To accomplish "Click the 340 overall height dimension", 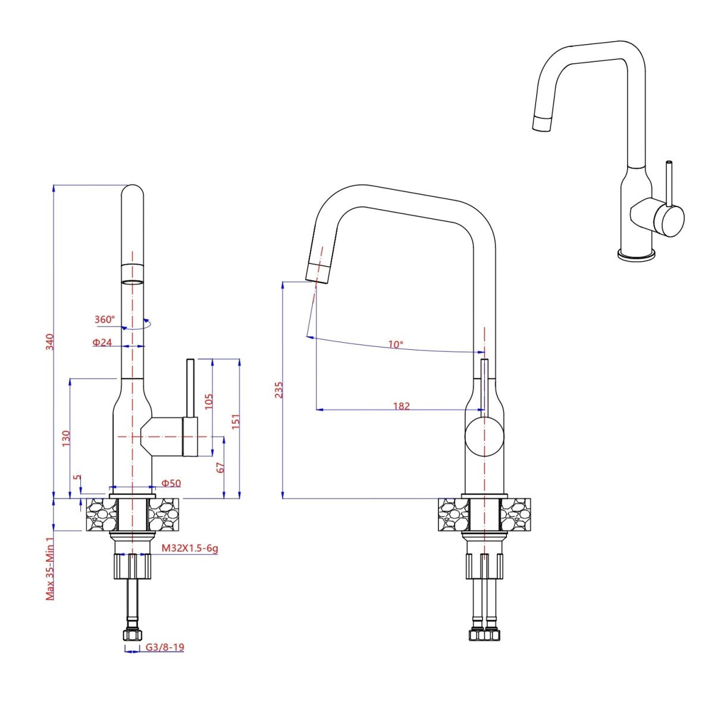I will pyautogui.click(x=51, y=342).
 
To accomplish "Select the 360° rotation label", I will pyautogui.click(x=104, y=320).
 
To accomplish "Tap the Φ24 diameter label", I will pyautogui.click(x=102, y=343).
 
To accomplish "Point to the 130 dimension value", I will pyautogui.click(x=65, y=439).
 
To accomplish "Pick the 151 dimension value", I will pyautogui.click(x=236, y=421).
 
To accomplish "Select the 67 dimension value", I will pyautogui.click(x=220, y=467).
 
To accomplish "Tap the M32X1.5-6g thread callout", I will pyautogui.click(x=190, y=548).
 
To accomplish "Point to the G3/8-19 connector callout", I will pyautogui.click(x=164, y=647).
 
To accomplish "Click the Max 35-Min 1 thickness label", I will pyautogui.click(x=51, y=569).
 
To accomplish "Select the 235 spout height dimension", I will pyautogui.click(x=279, y=390).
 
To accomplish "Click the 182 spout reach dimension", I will pyautogui.click(x=402, y=406).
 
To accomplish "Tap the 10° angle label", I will pyautogui.click(x=396, y=345).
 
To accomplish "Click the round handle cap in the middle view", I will pyautogui.click(x=484, y=437).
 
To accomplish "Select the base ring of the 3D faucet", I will pyautogui.click(x=636, y=255).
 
